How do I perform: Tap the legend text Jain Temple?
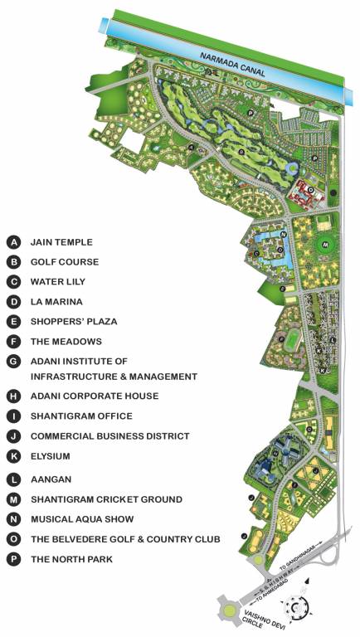pos(61,242)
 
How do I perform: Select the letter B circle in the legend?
pos(13,262)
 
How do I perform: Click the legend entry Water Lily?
pos(58,282)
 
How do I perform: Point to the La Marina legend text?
pos(56,302)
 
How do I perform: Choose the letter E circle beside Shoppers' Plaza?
pos(13,322)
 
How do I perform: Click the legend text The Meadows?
pos(66,342)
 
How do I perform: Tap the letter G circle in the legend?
pos(13,362)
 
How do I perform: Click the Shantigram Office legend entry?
pos(81,416)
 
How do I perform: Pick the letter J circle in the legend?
pos(13,436)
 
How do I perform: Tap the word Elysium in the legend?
pos(50,456)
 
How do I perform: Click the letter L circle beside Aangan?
pos(13,479)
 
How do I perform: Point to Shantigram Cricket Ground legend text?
pos(106,499)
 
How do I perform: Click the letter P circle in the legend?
pos(13,559)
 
